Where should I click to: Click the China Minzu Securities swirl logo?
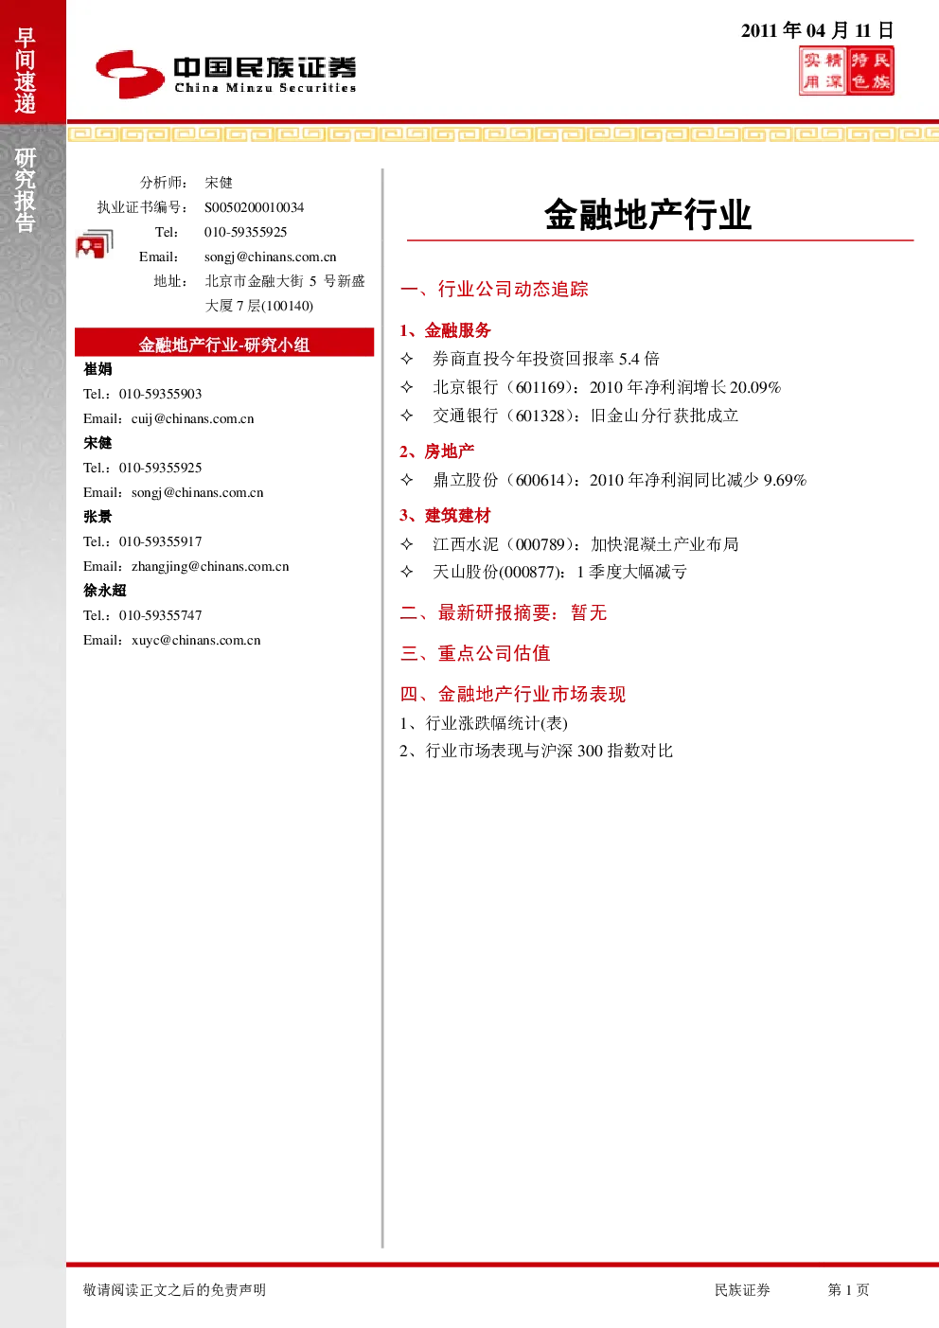click(x=130, y=74)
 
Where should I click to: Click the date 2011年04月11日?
click(x=818, y=30)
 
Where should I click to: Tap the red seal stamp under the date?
click(x=846, y=71)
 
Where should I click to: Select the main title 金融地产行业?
click(x=648, y=214)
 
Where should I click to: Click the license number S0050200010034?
click(x=254, y=207)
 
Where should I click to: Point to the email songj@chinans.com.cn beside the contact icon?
click(x=270, y=257)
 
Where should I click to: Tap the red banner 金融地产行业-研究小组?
click(x=224, y=344)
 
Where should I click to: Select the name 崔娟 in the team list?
click(x=97, y=369)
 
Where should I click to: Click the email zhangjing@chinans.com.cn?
click(x=210, y=566)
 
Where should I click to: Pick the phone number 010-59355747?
click(x=161, y=615)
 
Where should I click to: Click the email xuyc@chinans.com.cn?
click(x=196, y=640)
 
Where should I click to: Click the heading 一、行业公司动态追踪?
click(x=494, y=290)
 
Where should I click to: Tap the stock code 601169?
click(x=540, y=387)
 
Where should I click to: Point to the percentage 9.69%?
click(x=785, y=480)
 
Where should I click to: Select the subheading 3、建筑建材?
click(x=445, y=515)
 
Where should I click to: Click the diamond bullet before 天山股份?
click(x=407, y=572)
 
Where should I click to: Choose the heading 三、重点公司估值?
click(x=475, y=653)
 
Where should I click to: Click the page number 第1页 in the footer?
click(x=848, y=1289)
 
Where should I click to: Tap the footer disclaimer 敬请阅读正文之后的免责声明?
click(x=174, y=1289)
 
